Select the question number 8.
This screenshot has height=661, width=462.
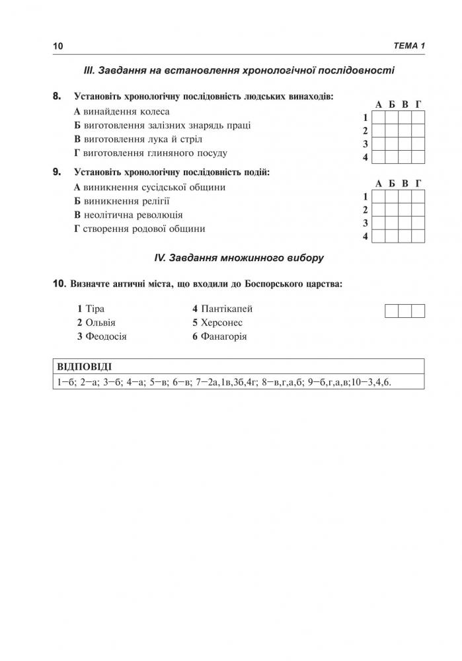pyautogui.click(x=57, y=97)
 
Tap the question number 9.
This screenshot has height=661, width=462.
pyautogui.click(x=57, y=172)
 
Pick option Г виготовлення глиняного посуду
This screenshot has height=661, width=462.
pyautogui.click(x=150, y=153)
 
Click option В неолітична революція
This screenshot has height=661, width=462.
pyautogui.click(x=128, y=215)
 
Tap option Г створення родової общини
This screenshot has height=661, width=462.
pyautogui.click(x=139, y=229)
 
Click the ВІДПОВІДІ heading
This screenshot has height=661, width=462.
pyautogui.click(x=84, y=367)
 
